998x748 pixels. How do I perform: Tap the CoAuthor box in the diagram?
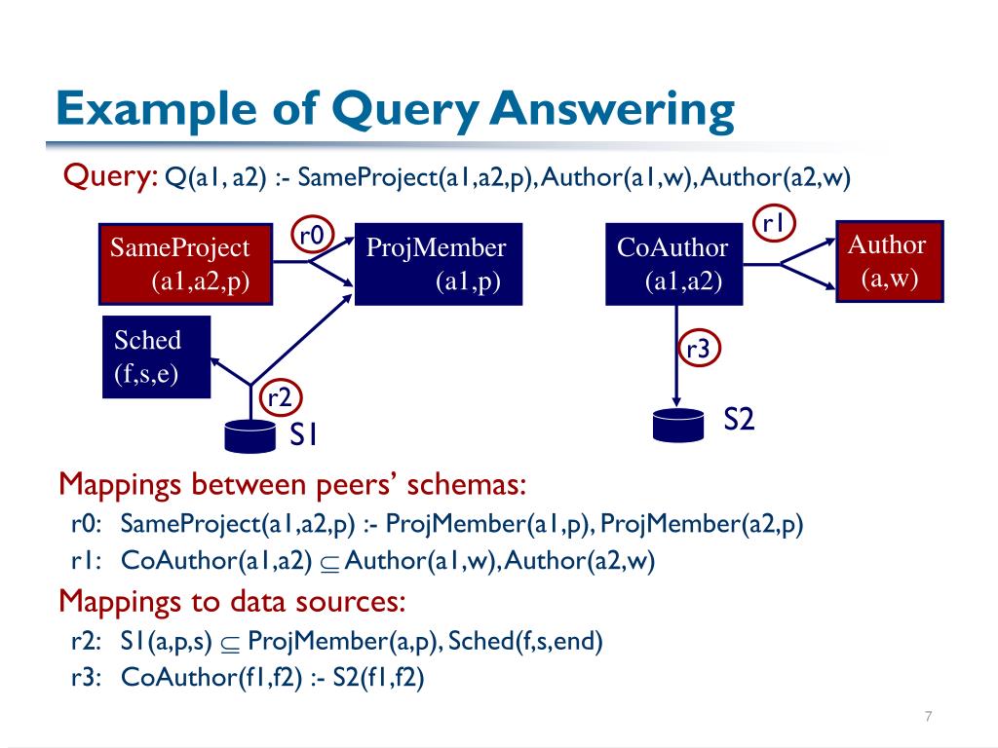click(x=672, y=264)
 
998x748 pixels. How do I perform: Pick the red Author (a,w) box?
click(x=890, y=262)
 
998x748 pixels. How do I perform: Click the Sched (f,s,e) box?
click(x=156, y=358)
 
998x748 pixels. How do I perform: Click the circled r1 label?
click(x=775, y=223)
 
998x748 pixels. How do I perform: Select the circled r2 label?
click(x=280, y=396)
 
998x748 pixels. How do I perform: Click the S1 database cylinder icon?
click(x=250, y=435)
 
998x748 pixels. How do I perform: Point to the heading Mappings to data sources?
click(x=232, y=601)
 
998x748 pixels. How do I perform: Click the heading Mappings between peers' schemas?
click(x=292, y=484)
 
